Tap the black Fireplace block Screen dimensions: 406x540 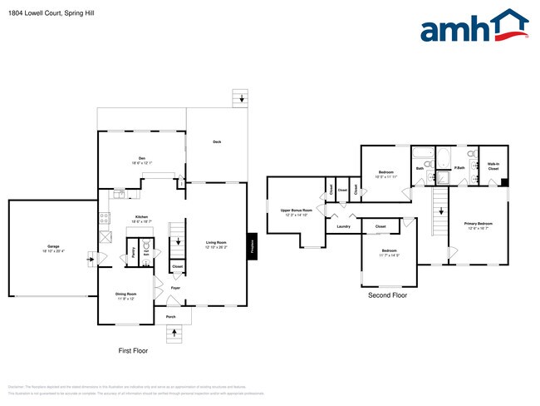click(x=252, y=245)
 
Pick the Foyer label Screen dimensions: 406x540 click(x=175, y=288)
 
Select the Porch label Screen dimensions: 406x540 click(x=170, y=317)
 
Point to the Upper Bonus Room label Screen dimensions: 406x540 click(x=296, y=212)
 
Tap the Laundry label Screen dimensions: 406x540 click(x=342, y=226)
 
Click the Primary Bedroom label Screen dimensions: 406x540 click(x=479, y=225)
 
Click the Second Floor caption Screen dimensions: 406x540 click(x=387, y=295)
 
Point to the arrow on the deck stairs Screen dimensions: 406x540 click(x=242, y=99)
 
